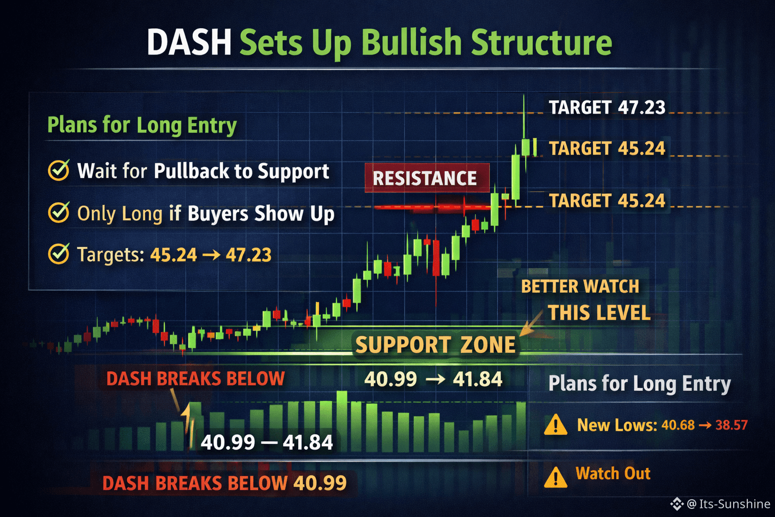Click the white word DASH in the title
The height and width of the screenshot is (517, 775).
[x=189, y=42]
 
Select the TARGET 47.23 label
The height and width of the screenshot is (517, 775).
[x=607, y=108]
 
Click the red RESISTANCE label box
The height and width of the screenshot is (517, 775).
[x=427, y=178]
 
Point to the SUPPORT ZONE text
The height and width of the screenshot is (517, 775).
[x=435, y=345]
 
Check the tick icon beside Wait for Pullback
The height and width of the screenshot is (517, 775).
[x=59, y=170]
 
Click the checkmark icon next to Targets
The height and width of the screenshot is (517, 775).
[x=59, y=254]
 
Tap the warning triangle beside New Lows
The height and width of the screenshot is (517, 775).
[x=556, y=425]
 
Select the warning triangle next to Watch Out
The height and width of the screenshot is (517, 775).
[x=556, y=477]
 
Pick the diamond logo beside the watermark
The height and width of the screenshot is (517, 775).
[x=677, y=504]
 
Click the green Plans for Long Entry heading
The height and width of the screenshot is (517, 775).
[x=142, y=125]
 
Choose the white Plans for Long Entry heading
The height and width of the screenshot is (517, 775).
[x=639, y=384]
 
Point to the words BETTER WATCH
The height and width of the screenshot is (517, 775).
[x=580, y=287]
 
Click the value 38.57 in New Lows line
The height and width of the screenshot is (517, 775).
[x=732, y=425]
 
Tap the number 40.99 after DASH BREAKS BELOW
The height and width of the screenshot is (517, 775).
[x=320, y=483]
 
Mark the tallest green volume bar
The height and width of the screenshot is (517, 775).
[x=342, y=421]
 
